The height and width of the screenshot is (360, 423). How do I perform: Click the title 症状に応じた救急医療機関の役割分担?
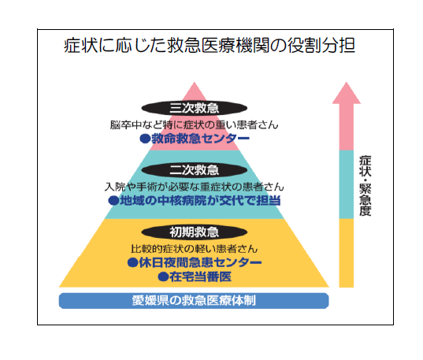209,45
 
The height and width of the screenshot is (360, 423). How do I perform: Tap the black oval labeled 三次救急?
195,108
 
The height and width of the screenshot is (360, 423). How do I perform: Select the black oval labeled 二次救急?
195,170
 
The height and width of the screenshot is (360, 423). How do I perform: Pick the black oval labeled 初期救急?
195,232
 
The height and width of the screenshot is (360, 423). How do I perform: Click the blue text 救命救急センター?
200,139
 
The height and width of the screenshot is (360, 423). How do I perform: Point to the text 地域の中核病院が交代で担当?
200,201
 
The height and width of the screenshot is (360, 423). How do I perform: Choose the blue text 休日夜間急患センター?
200,262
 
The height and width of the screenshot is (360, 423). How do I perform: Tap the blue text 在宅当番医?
200,276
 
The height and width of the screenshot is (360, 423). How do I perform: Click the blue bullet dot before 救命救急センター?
145,139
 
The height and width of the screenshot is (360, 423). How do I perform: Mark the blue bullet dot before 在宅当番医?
163,276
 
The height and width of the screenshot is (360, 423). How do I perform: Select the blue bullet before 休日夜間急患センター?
132,262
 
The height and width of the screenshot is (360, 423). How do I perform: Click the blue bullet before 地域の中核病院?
113,201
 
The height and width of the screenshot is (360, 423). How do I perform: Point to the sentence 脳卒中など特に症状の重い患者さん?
194,125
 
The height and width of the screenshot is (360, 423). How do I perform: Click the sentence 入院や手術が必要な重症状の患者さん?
195,187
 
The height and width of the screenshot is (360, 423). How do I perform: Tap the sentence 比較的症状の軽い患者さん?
195,249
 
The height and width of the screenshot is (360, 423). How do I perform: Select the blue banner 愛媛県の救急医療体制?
194,301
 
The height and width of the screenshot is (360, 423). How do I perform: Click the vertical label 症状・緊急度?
365,186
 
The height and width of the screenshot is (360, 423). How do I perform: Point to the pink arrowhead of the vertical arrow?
347,93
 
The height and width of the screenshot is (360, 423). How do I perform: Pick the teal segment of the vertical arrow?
347,184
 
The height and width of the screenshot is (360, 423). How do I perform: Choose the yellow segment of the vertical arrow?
347,253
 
